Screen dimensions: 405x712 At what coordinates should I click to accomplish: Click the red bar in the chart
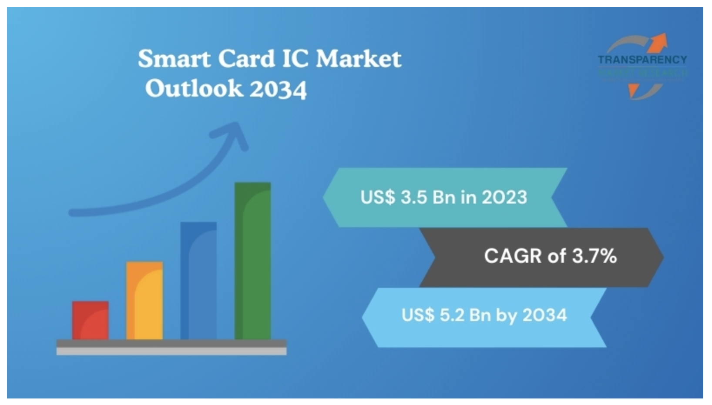coord(90,320)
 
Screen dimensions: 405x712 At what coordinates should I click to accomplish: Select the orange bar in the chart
coord(144,301)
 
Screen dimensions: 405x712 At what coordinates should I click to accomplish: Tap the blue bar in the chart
coord(198,281)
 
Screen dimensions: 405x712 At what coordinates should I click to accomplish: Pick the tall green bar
coord(252,261)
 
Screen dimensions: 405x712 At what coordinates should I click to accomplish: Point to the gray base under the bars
coord(171,347)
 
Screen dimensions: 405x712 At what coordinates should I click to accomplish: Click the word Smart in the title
coord(174,59)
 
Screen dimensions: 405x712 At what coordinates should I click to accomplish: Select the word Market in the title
coord(358,59)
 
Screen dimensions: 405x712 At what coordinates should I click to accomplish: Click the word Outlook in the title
coord(194,89)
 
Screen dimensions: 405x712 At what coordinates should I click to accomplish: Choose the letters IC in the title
coord(296,59)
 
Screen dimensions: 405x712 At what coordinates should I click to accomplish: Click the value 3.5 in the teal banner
coord(414,197)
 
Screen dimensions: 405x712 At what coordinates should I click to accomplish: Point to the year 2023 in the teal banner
coord(504,197)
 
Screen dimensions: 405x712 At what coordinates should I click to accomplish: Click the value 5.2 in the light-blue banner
coord(452,315)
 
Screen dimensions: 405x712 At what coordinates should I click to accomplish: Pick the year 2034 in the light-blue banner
coord(544,315)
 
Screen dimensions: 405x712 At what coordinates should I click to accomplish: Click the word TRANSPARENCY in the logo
coord(642,60)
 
